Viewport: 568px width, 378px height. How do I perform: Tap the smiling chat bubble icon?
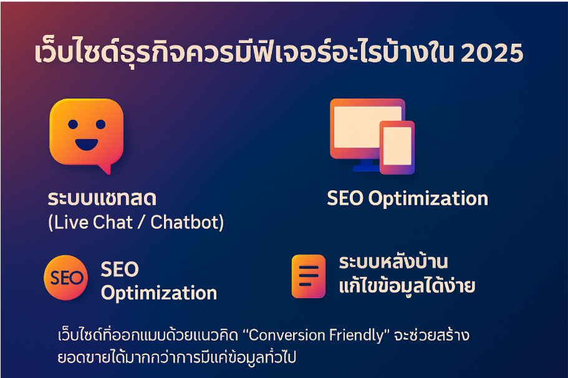point(87,135)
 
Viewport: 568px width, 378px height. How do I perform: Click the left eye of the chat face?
point(73,124)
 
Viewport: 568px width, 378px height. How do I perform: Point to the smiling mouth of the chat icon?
point(87,145)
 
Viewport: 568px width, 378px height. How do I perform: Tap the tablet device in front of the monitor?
point(397,147)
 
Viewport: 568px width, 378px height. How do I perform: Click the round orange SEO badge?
point(66,278)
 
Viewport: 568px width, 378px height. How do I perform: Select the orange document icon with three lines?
point(309,276)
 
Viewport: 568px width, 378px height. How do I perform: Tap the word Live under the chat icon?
point(70,222)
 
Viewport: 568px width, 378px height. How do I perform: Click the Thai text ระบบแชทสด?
point(102,198)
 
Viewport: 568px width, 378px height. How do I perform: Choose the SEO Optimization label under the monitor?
point(408,198)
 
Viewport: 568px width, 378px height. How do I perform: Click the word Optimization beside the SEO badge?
point(159,293)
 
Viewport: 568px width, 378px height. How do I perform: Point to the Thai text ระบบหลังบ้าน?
point(393,261)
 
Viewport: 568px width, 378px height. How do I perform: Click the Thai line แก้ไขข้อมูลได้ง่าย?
point(407,286)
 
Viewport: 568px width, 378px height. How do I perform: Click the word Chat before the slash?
point(113,222)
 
